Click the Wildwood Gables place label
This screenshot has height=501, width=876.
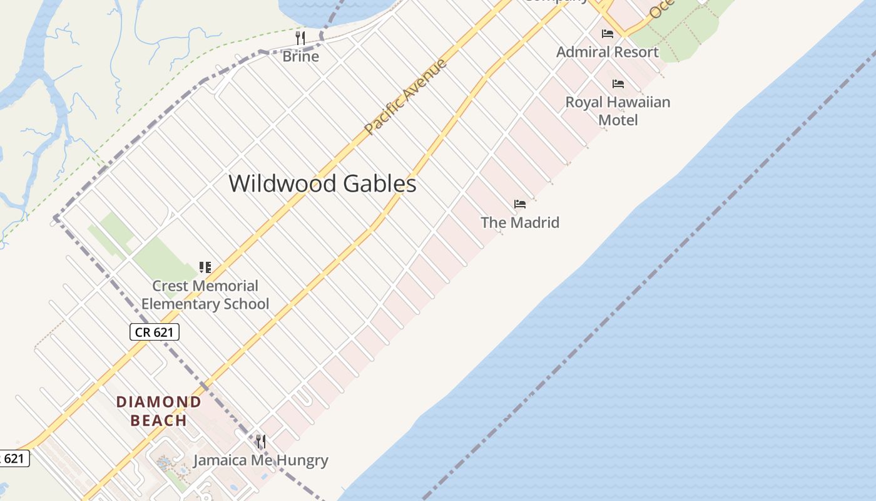(x=322, y=183)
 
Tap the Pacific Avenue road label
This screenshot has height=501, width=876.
(x=405, y=96)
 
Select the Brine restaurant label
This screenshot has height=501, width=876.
(x=300, y=56)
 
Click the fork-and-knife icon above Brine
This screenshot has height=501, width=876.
(x=300, y=38)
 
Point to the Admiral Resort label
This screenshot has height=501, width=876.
(x=607, y=52)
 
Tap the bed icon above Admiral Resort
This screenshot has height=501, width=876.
(x=607, y=34)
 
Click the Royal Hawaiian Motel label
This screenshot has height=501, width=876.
(x=618, y=111)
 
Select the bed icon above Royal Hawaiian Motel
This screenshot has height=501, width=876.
(x=618, y=84)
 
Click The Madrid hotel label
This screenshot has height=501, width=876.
(x=519, y=222)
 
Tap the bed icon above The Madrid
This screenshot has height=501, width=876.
(x=519, y=204)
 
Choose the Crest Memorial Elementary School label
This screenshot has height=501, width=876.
(x=205, y=295)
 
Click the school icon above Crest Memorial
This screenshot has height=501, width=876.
(x=205, y=267)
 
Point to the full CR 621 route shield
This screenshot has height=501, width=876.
(x=155, y=332)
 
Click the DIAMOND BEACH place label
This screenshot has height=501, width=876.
(x=159, y=411)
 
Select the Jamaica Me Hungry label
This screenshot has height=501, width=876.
(x=260, y=460)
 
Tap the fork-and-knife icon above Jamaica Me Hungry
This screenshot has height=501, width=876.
(x=260, y=442)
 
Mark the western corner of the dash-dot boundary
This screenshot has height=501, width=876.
(x=55, y=218)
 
